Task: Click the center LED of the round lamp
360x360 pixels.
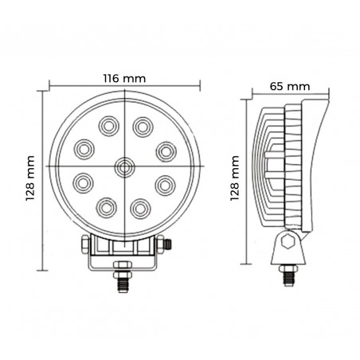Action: [123, 166]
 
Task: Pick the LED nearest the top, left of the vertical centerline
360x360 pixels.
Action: [107, 125]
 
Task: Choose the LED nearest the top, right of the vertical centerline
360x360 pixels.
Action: [142, 125]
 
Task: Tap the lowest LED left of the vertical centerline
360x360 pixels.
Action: [106, 207]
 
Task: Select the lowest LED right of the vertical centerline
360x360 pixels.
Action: [141, 207]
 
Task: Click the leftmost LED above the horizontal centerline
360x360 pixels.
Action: [83, 148]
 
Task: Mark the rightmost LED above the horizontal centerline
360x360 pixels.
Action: [165, 148]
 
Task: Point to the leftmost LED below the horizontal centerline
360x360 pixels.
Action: [83, 183]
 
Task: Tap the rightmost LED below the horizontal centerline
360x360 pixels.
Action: [165, 184]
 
